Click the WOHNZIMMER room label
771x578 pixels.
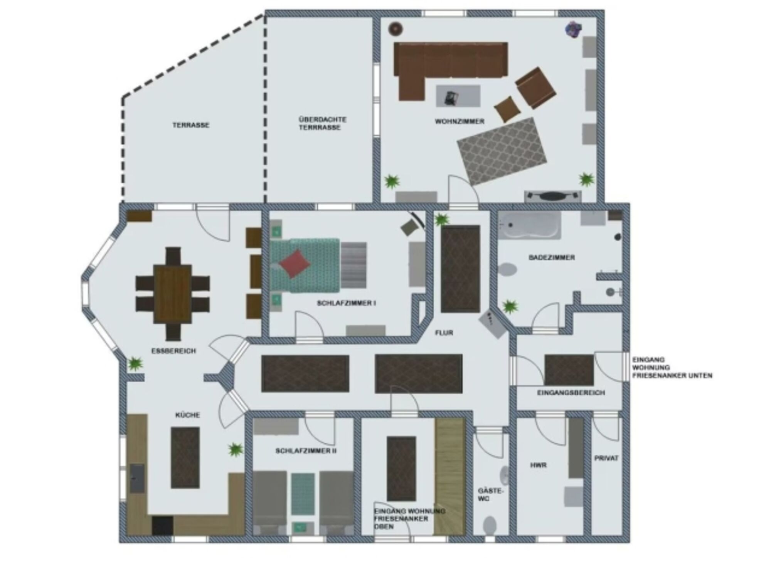(460, 121)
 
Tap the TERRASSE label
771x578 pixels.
(191, 125)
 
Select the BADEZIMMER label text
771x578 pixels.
(552, 257)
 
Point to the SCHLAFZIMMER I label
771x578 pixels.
(346, 303)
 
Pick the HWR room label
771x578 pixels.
(538, 465)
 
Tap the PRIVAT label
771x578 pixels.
(606, 459)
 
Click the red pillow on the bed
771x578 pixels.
(295, 264)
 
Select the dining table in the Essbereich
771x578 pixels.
(172, 294)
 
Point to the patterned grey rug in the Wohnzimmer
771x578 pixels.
(502, 151)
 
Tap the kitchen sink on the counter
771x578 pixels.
(137, 479)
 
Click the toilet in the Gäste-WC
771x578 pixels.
(490, 525)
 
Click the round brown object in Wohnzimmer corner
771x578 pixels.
(396, 29)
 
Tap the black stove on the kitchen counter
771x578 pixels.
(162, 526)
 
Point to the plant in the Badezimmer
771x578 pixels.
(510, 307)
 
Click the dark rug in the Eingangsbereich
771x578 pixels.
(569, 370)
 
